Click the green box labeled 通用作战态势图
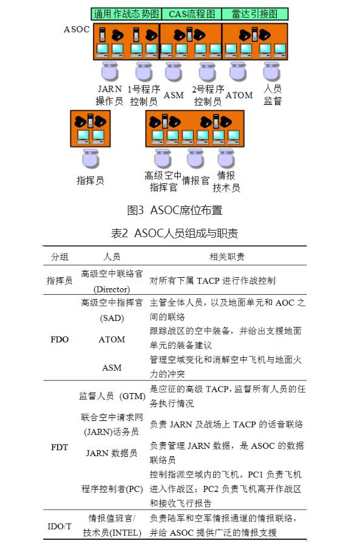point(126,14)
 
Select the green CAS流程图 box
point(192,14)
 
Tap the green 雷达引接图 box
point(255,14)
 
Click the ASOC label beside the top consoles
point(76,29)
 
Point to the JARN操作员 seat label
point(109,95)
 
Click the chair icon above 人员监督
point(271,72)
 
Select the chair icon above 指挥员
point(90,158)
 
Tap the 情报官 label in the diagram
point(196,181)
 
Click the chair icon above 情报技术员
point(226,158)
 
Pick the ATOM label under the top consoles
point(239,95)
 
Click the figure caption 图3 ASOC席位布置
point(175,210)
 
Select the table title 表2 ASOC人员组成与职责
point(175,233)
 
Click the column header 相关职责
point(227,257)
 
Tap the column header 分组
point(59,257)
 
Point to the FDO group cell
point(59,339)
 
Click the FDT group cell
point(59,447)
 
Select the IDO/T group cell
point(59,527)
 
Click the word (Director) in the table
point(112,289)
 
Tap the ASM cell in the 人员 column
point(112,368)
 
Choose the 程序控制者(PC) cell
point(112,489)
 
